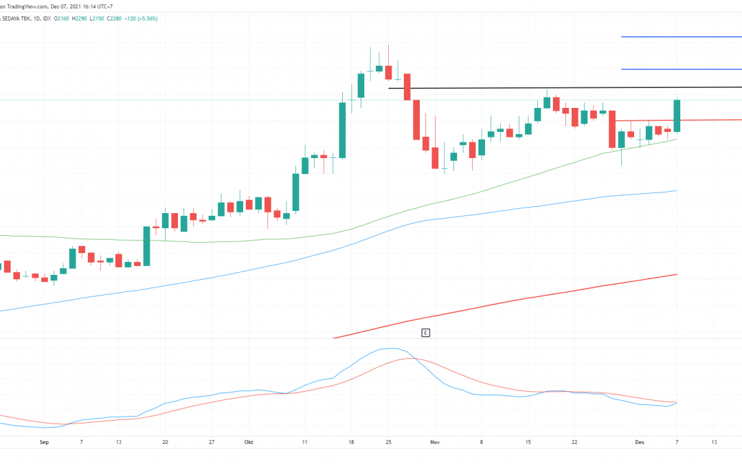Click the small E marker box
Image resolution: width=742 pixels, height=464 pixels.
pos(426,333)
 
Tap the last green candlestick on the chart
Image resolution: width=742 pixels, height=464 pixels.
pos(677,115)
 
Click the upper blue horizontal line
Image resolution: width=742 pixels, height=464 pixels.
pos(680,36)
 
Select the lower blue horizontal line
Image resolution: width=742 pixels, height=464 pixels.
pos(680,69)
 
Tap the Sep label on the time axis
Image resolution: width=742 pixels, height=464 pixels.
pos(45,442)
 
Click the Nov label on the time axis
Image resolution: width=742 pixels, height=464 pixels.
pos(434,442)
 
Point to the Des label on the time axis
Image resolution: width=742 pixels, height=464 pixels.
pos(638,442)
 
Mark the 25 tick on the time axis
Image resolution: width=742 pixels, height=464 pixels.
pos(388,442)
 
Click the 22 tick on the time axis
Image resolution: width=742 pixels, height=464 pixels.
pos(574,442)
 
